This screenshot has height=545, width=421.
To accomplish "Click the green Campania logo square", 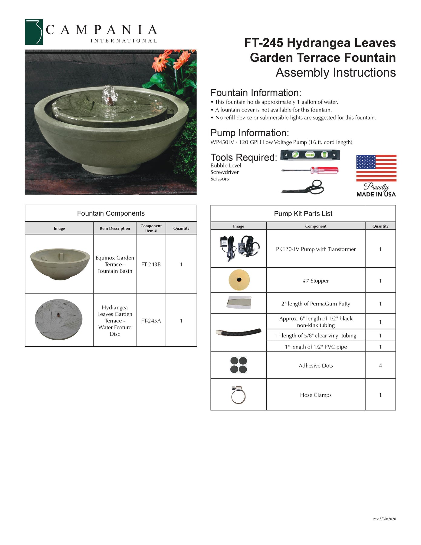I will pos(34,32).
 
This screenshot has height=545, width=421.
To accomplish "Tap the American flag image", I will pos(376,168).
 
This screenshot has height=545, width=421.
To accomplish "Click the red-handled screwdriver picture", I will pos(310,170).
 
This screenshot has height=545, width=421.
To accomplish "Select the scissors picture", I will pos(303,187).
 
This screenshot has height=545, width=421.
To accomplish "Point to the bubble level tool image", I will pos(310,155).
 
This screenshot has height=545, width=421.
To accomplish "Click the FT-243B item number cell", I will pos(151,264).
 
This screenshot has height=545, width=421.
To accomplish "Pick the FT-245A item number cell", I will pos(151,321).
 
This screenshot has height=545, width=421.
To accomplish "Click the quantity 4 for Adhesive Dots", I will pos(380,366).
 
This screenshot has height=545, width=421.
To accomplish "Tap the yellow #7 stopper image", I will pos(239,280).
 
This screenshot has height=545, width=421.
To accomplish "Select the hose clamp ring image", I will pos(238,395).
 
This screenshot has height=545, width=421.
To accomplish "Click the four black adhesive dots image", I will pos(238,365).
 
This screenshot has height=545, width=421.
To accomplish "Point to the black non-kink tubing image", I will pos(238,332).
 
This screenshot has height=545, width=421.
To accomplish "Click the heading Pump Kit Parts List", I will pos(303,214).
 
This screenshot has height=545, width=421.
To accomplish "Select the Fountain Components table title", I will pos(111,213).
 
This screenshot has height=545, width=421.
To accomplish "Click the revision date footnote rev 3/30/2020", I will pos(384,519).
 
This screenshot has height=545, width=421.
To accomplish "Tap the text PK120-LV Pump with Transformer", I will pos(316,249).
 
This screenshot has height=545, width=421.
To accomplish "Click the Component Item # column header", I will pos(151,228).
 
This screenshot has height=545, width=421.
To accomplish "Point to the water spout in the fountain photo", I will pos(110,94).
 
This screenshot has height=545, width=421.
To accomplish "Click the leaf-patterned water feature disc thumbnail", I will pos(59,320).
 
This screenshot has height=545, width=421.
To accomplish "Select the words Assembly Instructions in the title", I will pos(335,73).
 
